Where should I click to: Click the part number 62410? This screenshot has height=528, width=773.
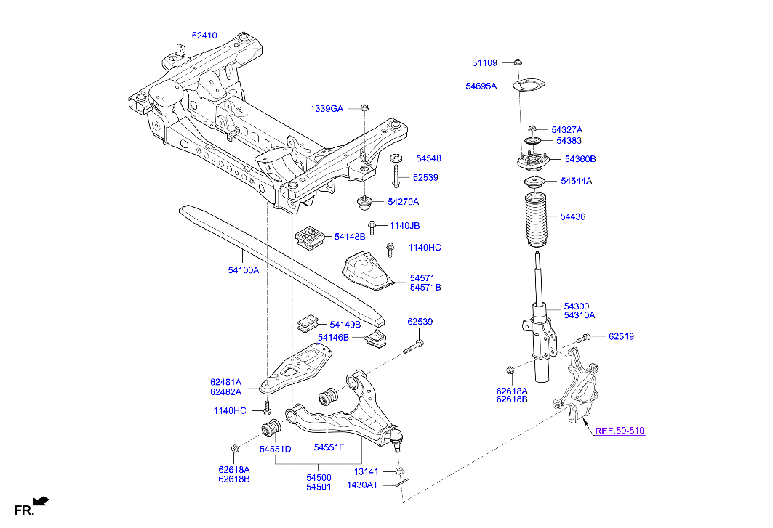pos(204,35)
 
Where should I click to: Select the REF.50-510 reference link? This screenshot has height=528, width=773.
pos(619,431)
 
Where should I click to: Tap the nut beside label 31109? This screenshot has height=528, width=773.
pos(518,62)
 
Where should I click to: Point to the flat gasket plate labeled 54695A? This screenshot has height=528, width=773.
pos(527,86)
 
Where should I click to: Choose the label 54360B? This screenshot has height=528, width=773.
pos(580,158)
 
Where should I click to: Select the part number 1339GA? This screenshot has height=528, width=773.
pos(327,108)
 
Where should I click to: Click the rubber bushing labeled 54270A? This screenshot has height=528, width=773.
pos(366,200)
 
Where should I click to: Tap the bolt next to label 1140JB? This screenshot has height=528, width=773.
pos(372,227)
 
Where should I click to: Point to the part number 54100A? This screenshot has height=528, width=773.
pos(243,269)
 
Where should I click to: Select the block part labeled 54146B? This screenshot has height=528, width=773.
pos(376,338)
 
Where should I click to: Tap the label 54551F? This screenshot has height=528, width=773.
pos(329,448)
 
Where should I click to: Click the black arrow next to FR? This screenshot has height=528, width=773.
pos(43,500)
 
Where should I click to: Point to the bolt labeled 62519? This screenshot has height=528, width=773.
pos(584,338)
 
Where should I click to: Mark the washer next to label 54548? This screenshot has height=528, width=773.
pos(396,158)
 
